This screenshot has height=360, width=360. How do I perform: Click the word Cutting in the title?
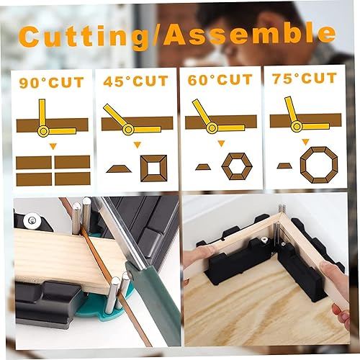84,36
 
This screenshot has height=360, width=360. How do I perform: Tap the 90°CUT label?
52,83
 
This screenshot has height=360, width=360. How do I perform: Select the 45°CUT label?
136,81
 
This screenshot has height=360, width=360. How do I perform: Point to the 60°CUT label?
220,80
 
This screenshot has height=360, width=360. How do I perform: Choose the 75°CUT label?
305,78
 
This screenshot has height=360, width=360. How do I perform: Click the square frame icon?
154,168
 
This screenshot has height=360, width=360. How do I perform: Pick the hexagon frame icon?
237,166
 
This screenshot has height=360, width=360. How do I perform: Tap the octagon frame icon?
319,165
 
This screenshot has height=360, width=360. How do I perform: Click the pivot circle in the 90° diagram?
43,131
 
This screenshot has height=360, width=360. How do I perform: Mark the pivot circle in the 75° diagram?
297,126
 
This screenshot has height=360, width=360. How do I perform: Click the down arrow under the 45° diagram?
138,145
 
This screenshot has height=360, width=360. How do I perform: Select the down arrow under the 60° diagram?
221,143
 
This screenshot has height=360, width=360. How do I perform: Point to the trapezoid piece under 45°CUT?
119,168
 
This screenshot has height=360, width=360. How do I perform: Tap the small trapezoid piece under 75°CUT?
284,166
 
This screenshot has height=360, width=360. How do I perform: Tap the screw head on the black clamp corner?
264,239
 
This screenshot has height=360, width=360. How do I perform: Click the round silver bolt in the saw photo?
32,219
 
